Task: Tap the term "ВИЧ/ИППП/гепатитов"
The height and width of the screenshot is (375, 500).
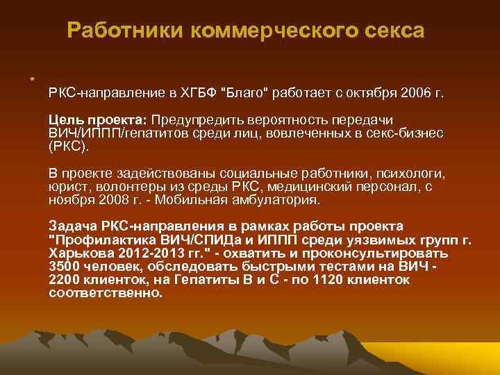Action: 113,133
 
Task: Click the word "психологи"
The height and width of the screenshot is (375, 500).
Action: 410,172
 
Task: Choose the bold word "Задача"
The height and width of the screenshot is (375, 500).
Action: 74,226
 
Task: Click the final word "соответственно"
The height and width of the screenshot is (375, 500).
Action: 106,292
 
